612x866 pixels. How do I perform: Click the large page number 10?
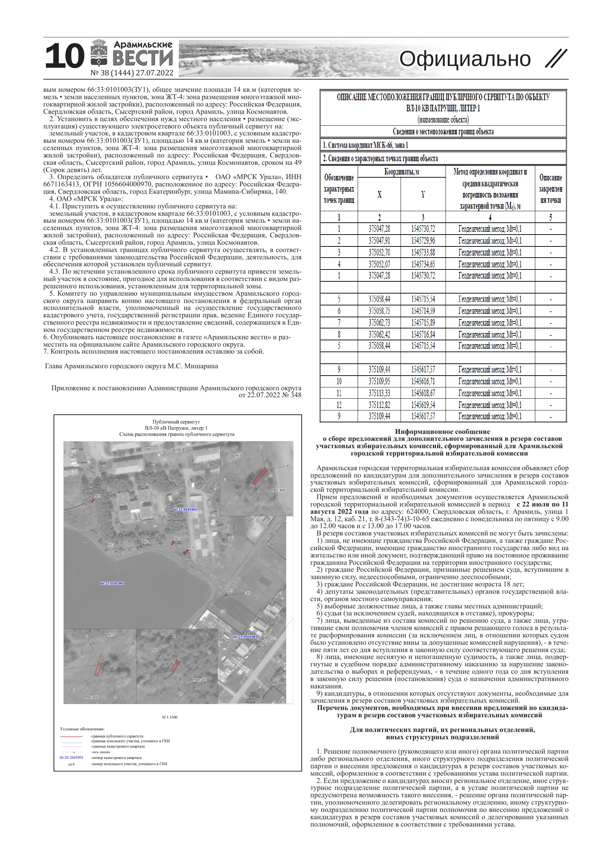pyautogui.click(x=64, y=57)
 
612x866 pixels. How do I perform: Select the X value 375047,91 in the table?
pyautogui.click(x=379, y=240)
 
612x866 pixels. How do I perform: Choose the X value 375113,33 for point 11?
pyautogui.click(x=379, y=393)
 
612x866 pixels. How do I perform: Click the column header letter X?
pyautogui.click(x=379, y=194)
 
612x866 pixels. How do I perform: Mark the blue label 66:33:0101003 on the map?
pyautogui.click(x=185, y=509)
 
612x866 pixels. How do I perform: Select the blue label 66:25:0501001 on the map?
pyautogui.click(x=245, y=637)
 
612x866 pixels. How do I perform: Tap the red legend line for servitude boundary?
pyautogui.click(x=71, y=736)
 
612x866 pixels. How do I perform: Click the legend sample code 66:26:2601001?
pyautogui.click(x=71, y=757)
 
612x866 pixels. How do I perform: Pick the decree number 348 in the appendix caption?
pyautogui.click(x=296, y=395)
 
